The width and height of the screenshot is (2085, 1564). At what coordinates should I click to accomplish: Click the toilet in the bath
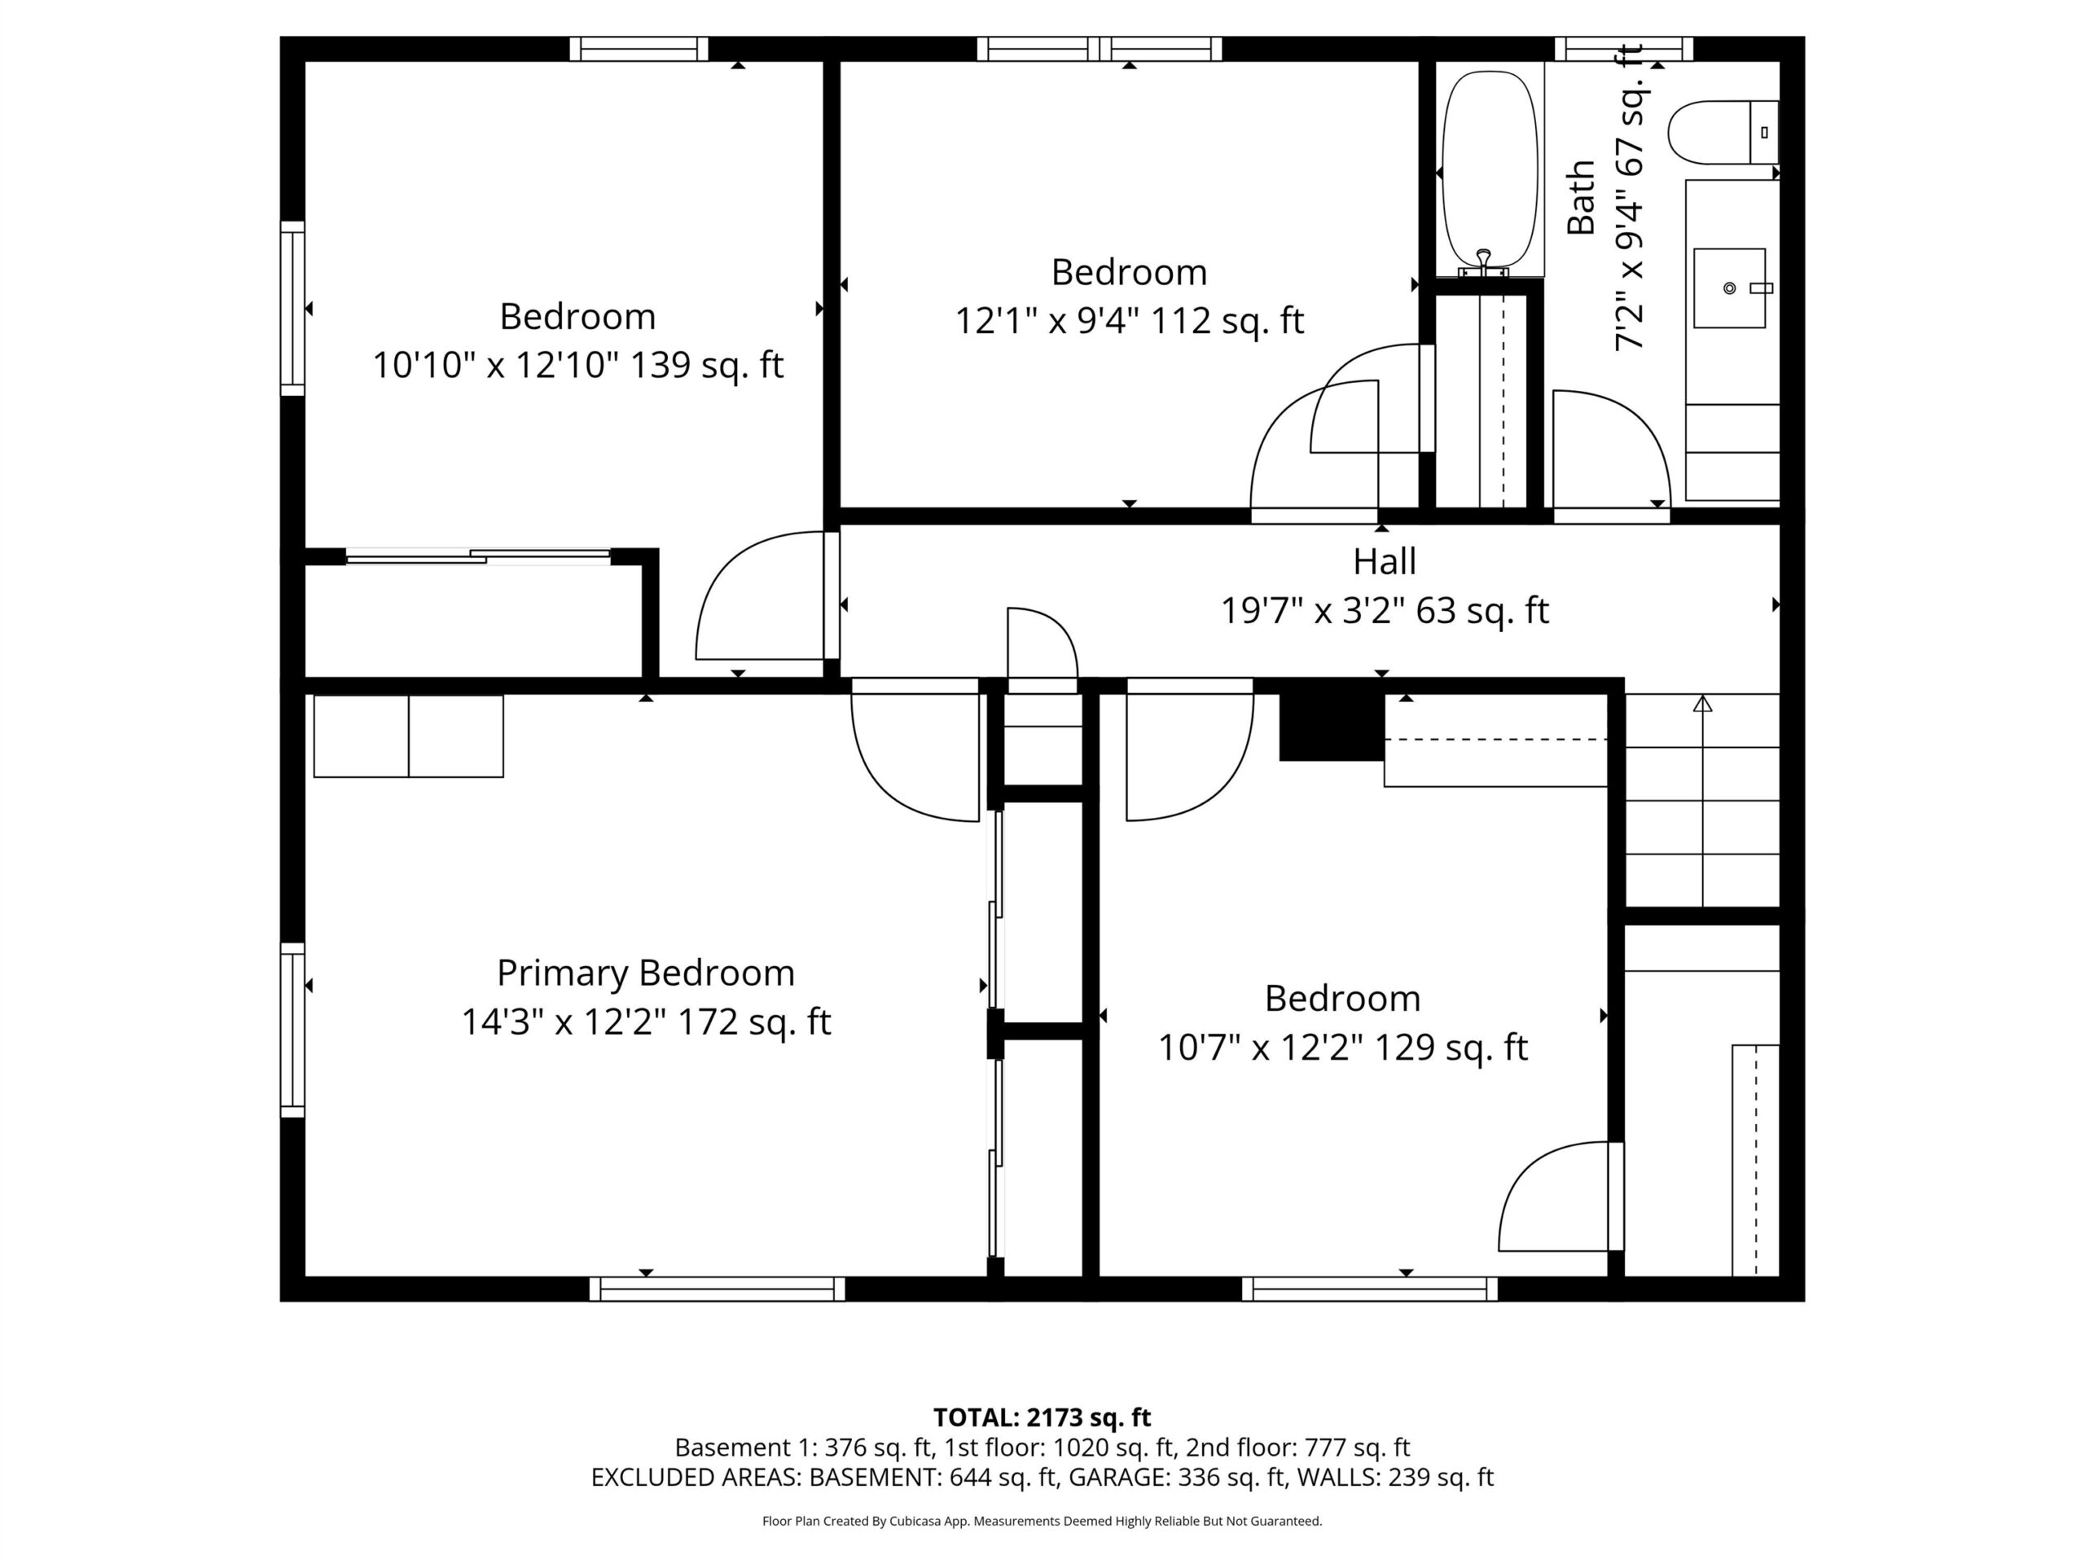click(1722, 133)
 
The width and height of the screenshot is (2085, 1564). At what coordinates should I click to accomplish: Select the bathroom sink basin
click(1729, 288)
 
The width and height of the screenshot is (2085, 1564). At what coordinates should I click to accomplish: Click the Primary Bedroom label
click(646, 973)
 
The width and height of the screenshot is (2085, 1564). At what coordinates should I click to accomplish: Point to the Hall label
click(1385, 562)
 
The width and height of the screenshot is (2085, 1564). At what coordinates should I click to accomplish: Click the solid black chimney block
click(1331, 726)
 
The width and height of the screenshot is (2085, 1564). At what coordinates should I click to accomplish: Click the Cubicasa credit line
click(1042, 1521)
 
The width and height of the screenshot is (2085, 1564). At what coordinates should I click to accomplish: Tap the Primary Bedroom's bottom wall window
click(718, 1289)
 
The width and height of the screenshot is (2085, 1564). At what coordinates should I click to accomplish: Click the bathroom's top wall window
click(1623, 49)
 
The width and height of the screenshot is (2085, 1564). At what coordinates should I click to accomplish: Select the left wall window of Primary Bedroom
click(292, 1030)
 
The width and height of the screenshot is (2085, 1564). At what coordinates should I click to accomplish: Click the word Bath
click(1581, 197)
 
